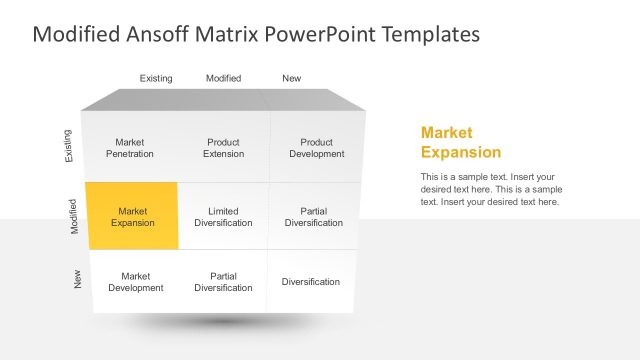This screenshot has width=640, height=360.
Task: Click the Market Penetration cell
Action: coord(130,148)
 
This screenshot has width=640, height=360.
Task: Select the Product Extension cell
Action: coord(223,148)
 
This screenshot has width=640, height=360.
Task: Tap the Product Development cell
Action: coord(317,148)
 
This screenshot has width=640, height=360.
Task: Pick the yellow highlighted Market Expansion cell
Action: coord(132,216)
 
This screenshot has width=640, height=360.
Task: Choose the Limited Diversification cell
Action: coord(223,216)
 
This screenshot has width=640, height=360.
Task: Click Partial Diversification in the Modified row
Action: coord(314,216)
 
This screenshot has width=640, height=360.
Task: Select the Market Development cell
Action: coord(135,281)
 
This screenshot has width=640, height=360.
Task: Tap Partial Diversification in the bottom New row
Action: coord(223,281)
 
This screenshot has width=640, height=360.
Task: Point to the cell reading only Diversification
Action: coord(310,281)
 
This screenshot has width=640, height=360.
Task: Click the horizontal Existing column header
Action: coord(156,78)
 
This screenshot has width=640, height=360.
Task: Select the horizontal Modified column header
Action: coord(223,78)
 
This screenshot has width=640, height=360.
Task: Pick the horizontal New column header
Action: coord(291,78)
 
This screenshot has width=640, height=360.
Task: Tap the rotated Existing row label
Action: coord(68,146)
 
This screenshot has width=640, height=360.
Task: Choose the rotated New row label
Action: coord(78,280)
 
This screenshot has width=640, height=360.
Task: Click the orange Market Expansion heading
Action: coord(461,142)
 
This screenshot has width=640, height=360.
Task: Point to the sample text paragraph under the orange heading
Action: coord(490,189)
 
